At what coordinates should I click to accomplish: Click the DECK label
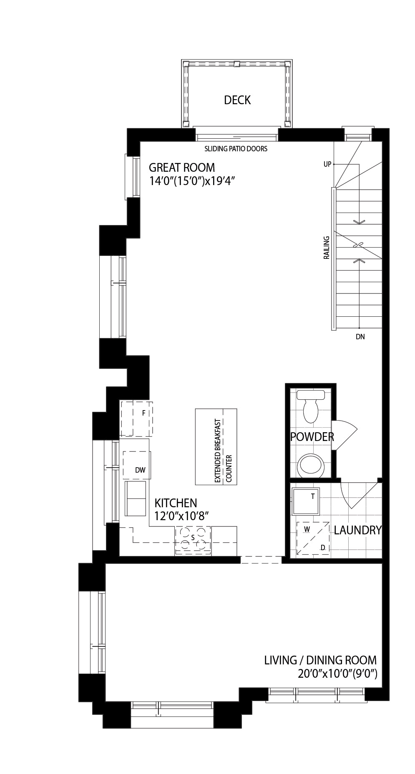click(237, 100)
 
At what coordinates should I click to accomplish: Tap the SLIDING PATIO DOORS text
click(236, 149)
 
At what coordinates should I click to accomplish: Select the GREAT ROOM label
click(182, 168)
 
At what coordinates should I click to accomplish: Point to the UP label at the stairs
click(327, 164)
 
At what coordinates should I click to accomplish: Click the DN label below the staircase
click(360, 337)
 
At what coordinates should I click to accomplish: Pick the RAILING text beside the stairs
click(327, 248)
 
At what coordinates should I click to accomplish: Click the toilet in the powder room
click(311, 406)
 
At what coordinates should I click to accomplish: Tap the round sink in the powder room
click(311, 466)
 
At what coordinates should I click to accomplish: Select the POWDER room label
click(312, 437)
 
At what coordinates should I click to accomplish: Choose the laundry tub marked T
click(305, 501)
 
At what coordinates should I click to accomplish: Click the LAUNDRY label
click(357, 530)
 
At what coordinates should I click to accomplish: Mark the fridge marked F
click(136, 418)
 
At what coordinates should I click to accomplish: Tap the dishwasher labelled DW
click(137, 465)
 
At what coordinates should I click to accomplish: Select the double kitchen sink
click(136, 498)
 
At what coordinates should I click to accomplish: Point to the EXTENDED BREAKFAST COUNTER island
click(216, 446)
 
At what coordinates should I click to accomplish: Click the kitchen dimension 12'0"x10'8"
click(181, 516)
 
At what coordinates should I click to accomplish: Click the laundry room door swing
click(359, 495)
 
